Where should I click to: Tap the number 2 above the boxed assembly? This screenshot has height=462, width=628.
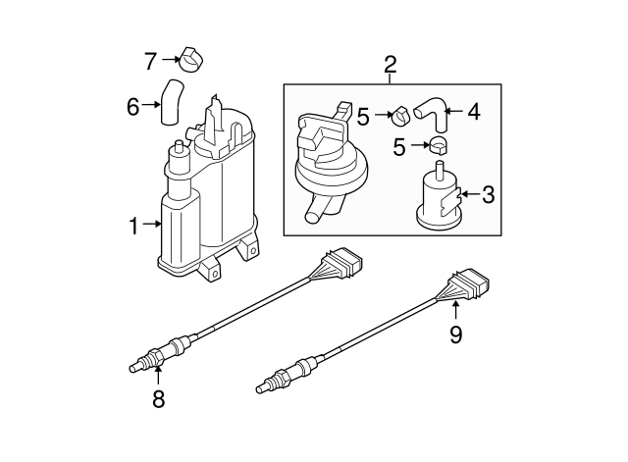point(391,66)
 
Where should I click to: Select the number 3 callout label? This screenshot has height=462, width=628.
point(488,195)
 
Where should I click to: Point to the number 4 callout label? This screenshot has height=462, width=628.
point(473,112)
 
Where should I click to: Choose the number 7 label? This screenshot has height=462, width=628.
point(150,61)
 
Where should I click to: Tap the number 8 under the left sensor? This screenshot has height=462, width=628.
point(157,398)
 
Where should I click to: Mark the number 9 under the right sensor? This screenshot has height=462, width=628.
point(455,335)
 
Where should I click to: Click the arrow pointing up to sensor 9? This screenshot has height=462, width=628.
point(455,312)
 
